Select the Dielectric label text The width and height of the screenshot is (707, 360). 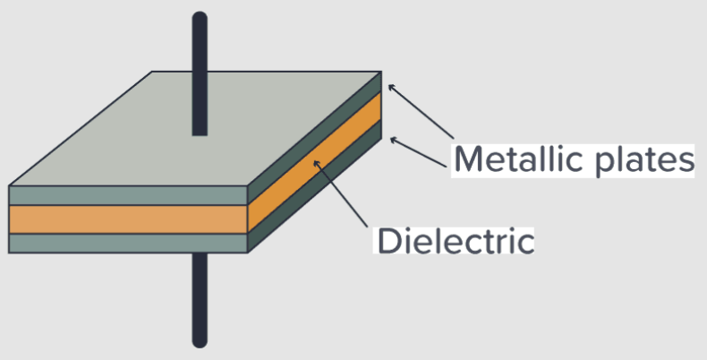point(455,240)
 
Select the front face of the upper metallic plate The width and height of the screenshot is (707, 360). point(125,195)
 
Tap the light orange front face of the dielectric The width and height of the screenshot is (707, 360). point(125,219)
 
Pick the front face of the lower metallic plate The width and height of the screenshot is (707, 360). point(125,243)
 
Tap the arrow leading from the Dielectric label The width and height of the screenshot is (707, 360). point(344,193)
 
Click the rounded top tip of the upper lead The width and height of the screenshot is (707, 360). point(200,18)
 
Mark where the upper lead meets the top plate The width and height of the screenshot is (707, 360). point(200,133)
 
